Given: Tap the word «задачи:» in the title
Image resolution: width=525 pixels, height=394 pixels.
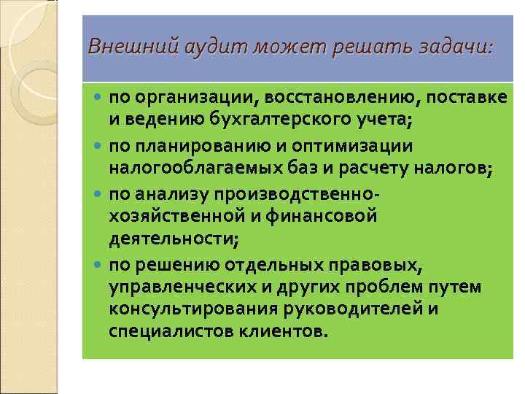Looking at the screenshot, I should [456, 47].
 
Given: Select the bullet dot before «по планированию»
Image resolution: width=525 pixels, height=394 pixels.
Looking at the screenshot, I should [99, 146].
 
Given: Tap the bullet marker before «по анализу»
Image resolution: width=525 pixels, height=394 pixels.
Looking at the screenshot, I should [99, 193].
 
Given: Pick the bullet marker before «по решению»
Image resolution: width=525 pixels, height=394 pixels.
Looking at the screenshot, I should [99, 264].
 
